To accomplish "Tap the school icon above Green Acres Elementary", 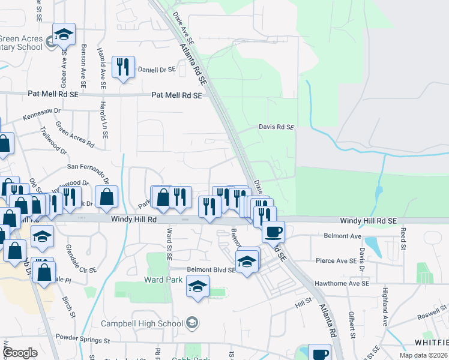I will coord(63,35).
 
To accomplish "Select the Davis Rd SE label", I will coord(277,127).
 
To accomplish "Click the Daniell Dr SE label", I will coord(157,70).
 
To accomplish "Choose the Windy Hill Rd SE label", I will coord(368,221).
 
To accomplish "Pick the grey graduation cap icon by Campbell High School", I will coord(191,323).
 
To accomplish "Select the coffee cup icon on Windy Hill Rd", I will coord(273,231).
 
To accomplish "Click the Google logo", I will coord(20,353).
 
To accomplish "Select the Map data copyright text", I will coord(424,355).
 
